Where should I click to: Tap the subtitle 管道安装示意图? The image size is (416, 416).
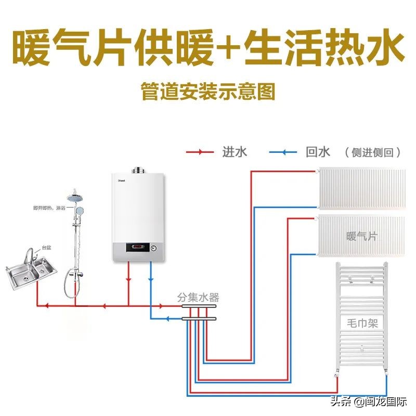207,92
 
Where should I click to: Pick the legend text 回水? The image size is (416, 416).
318,152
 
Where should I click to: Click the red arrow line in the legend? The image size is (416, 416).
200,152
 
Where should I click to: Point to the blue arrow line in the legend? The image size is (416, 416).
283,152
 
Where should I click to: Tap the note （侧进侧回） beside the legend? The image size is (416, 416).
374,152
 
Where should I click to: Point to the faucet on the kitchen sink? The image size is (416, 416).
29,256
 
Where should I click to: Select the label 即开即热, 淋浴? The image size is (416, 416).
49,208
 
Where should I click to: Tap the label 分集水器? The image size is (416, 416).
198,297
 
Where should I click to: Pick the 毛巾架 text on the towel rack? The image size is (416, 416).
362,322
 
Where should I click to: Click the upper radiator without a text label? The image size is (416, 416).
361,187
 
